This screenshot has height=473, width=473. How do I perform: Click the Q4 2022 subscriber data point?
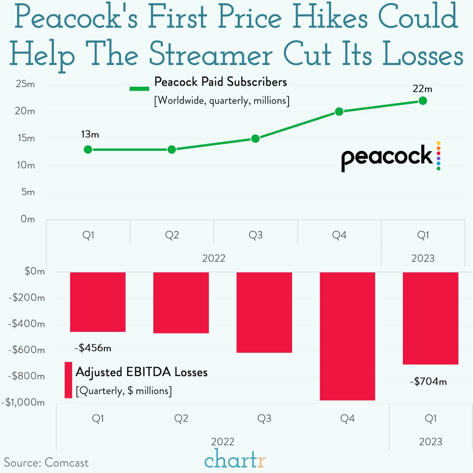coord(339,112)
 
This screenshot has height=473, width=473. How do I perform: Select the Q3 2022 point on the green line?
coord(255,139)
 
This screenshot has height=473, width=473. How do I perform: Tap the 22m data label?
coord(422,89)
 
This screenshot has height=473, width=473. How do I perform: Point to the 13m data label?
coord(90,134)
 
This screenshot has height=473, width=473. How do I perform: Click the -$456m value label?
coord(93,348)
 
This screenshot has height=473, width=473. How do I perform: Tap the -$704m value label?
coord(428,382)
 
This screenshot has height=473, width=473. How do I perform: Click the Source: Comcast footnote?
coord(46,462)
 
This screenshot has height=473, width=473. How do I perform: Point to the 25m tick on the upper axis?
coord(26,84)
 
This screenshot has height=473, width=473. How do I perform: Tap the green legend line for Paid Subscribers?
coord(140,89)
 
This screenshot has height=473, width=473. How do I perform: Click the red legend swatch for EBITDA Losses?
coord(68,380)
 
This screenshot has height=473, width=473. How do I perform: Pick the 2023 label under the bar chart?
coord(430,442)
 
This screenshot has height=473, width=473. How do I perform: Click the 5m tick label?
coord(28,192)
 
